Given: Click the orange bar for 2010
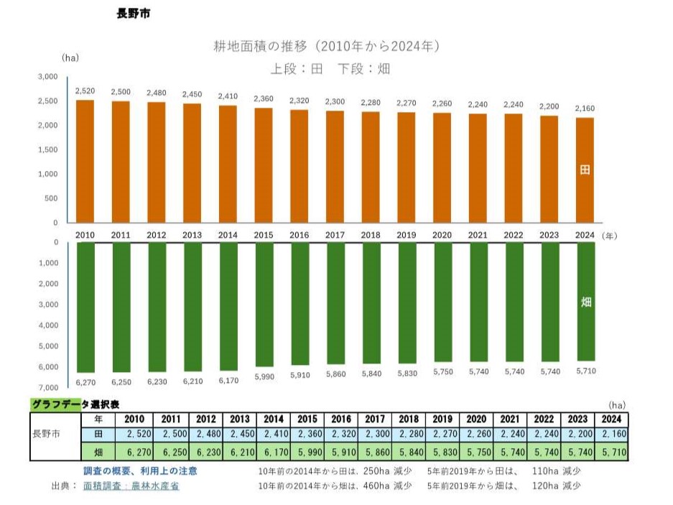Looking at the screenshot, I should pos(85,161).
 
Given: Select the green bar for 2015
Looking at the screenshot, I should pos(263,305).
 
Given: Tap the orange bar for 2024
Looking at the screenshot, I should pos(585,170).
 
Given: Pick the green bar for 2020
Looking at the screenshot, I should pos(442,302).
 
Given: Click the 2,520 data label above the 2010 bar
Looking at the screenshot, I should pos(85,91).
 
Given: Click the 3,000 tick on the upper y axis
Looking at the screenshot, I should pos(48,77).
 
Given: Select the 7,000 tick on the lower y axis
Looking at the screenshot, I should pos(48,387).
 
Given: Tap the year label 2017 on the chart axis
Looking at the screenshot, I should pos(335,235).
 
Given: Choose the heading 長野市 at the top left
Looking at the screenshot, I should pos(133,14).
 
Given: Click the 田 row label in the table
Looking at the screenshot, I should pos(101,435).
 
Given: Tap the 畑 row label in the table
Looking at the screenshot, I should pos(101,453).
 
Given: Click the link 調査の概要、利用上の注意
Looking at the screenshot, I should pos(140,471).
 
